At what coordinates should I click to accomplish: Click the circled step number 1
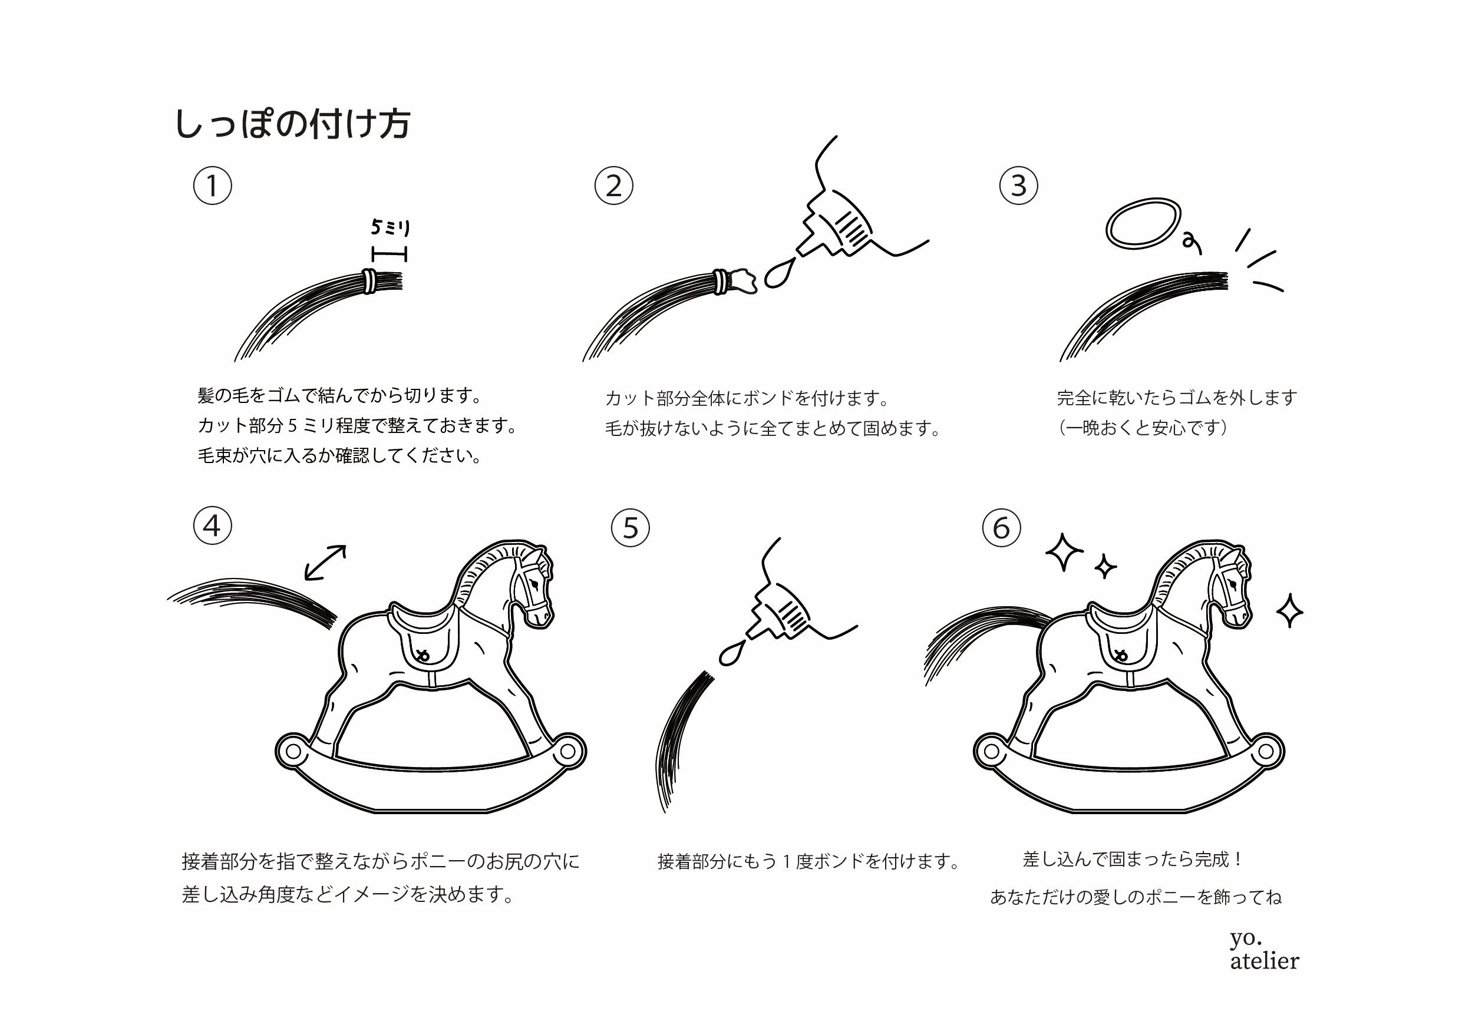212,186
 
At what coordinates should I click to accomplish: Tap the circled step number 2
613,186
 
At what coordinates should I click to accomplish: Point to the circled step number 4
212,526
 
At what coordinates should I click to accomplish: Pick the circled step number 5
630,528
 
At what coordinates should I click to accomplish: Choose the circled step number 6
1001,528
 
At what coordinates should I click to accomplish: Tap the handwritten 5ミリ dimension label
390,227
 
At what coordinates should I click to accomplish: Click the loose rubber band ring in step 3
1143,223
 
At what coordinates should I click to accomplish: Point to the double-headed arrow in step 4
325,563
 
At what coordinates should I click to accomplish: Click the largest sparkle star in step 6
1064,551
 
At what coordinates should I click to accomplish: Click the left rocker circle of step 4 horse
293,751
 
